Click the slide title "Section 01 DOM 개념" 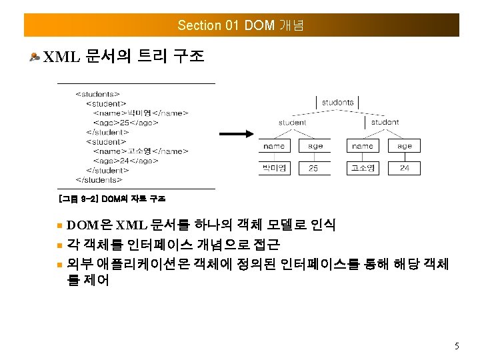coord(241,25)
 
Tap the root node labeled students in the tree coord(337,102)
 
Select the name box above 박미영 coord(274,145)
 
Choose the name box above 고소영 coord(363,145)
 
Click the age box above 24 coord(404,145)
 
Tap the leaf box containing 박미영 coord(274,168)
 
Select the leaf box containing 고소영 coord(363,168)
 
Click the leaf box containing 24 coord(404,168)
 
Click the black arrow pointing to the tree coord(236,134)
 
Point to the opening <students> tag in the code coord(97,94)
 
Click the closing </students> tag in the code coord(99,179)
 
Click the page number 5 coord(456,346)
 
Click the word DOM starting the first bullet coord(83,225)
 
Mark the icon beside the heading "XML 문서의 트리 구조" coord(34,57)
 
